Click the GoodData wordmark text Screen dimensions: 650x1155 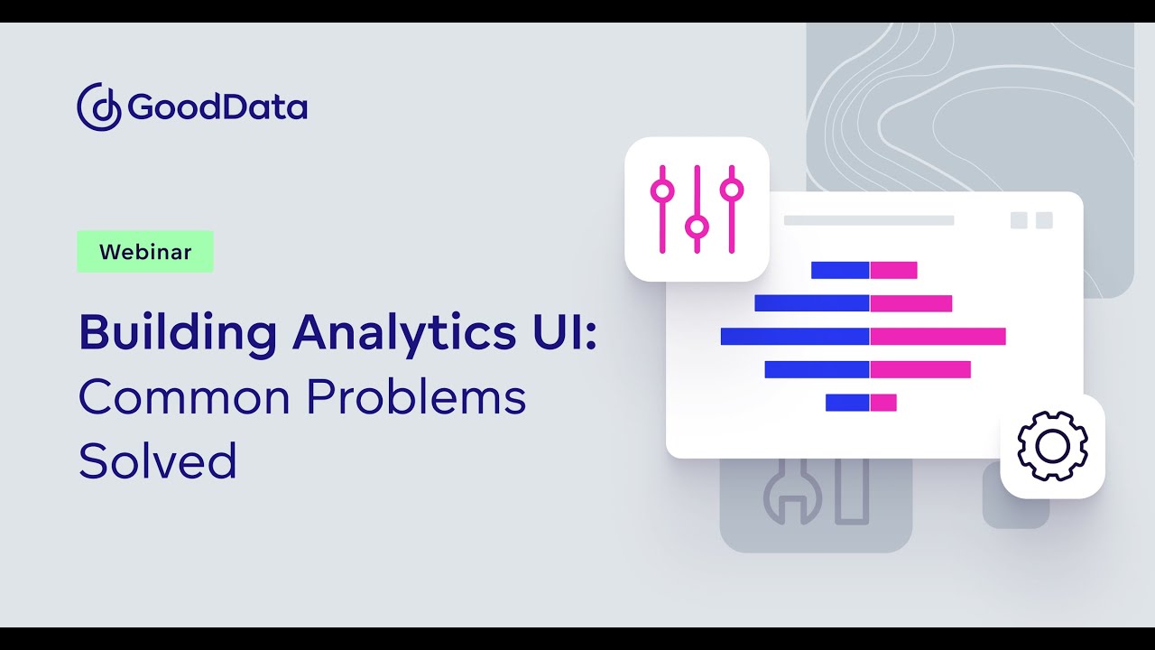217,107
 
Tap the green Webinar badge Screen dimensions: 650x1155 145,252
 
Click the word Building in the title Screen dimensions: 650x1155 178,334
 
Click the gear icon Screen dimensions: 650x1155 1052,446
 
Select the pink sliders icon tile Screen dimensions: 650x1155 697,209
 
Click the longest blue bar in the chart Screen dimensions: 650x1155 795,337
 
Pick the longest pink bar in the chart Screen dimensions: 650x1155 938,337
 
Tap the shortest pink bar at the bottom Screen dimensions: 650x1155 883,403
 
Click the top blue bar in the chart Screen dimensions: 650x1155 840,270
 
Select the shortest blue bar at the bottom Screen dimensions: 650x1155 847,403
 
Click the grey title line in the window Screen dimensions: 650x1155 868,220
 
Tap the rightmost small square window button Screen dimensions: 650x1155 1044,220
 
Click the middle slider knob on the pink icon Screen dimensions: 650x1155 696,226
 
